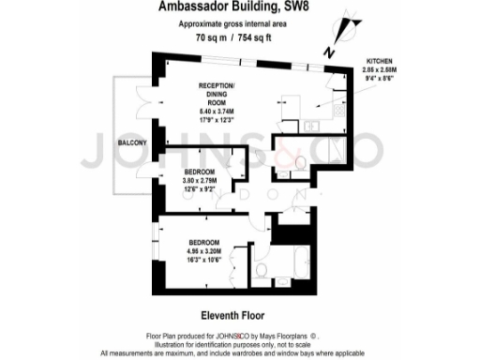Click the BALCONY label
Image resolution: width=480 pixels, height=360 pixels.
(x=132, y=142)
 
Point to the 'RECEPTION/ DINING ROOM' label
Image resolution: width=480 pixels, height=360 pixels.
(x=222, y=93)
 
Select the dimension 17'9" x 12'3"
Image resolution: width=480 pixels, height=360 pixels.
(x=222, y=118)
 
